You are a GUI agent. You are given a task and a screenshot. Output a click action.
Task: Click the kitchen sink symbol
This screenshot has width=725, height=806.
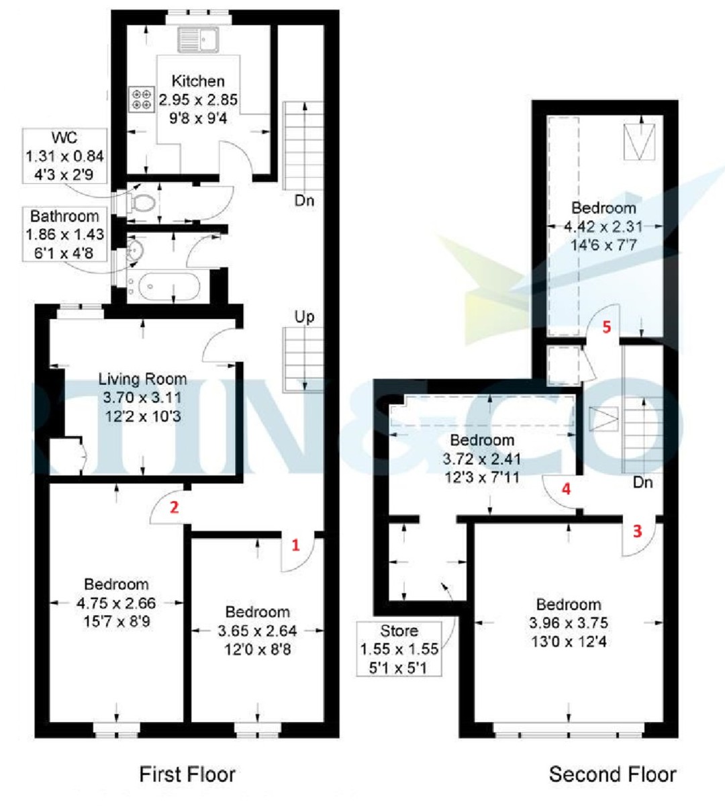pyautogui.click(x=196, y=40)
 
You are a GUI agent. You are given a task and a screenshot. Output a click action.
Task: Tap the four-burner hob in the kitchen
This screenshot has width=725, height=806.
pyautogui.click(x=142, y=99)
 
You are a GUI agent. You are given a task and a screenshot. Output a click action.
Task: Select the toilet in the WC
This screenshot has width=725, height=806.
pyautogui.click(x=142, y=204)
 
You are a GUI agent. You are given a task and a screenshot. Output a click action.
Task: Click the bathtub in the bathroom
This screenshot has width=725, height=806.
pyautogui.click(x=166, y=287)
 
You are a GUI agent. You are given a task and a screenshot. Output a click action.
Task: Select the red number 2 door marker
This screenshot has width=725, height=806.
pyautogui.click(x=174, y=507)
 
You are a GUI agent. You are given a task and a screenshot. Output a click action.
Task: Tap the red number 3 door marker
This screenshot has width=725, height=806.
pyautogui.click(x=637, y=531)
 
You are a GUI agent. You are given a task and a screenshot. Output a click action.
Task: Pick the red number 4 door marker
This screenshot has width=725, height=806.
pyautogui.click(x=566, y=488)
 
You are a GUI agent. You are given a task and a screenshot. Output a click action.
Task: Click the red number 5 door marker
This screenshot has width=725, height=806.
pyautogui.click(x=607, y=327)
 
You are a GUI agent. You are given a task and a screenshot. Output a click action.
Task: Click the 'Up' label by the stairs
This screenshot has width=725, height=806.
pyautogui.click(x=304, y=316)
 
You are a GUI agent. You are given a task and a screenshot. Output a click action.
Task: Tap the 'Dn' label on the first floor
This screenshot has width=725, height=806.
pyautogui.click(x=304, y=200)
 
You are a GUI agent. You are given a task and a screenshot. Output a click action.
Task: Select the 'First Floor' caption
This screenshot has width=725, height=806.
pyautogui.click(x=187, y=774)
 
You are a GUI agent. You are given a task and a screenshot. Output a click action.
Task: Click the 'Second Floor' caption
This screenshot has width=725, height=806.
pyautogui.click(x=612, y=774)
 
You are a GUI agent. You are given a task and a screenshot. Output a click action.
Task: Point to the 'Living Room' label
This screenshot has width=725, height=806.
pyautogui.click(x=142, y=379)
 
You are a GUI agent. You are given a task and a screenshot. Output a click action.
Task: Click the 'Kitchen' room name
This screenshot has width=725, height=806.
pyautogui.click(x=198, y=81)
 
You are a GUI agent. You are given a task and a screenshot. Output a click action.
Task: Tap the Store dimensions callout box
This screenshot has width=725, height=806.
pyautogui.click(x=399, y=649)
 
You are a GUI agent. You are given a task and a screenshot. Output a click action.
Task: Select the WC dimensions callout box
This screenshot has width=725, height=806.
pyautogui.click(x=64, y=156)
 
